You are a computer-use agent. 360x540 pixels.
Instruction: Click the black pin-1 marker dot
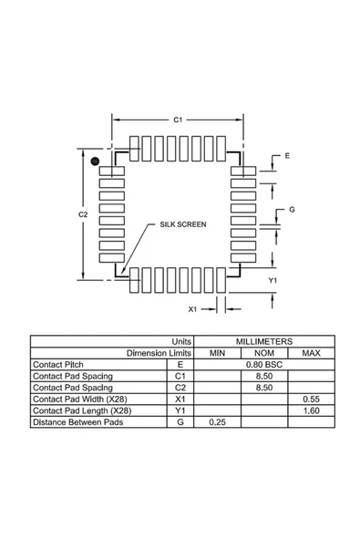pyautogui.click(x=94, y=161)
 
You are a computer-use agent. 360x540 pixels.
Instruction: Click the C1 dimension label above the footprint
pyautogui.click(x=179, y=120)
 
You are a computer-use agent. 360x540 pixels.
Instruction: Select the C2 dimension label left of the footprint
pyautogui.click(x=82, y=213)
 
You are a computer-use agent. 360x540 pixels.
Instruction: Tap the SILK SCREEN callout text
pyautogui.click(x=183, y=223)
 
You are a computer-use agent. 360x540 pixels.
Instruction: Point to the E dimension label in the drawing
pyautogui.click(x=287, y=157)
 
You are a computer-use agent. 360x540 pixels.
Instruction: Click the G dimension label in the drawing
pyautogui.click(x=292, y=209)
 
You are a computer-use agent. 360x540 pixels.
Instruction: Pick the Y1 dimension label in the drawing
pyautogui.click(x=273, y=280)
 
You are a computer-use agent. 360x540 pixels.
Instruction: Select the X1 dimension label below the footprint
pyautogui.click(x=192, y=309)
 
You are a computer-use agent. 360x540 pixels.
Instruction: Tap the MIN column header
pyautogui.click(x=218, y=352)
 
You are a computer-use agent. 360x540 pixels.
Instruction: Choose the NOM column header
pyautogui.click(x=264, y=352)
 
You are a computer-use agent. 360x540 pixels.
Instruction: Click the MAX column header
pyautogui.click(x=311, y=352)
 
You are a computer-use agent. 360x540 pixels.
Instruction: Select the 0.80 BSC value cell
pyautogui.click(x=264, y=364)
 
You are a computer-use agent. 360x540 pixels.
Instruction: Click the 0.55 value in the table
pyautogui.click(x=311, y=399)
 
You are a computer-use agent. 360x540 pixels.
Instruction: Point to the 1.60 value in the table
pyautogui.click(x=311, y=410)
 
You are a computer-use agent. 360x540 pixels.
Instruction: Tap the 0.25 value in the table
pyautogui.click(x=218, y=422)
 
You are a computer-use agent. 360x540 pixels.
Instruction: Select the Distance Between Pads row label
pyautogui.click(x=77, y=422)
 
